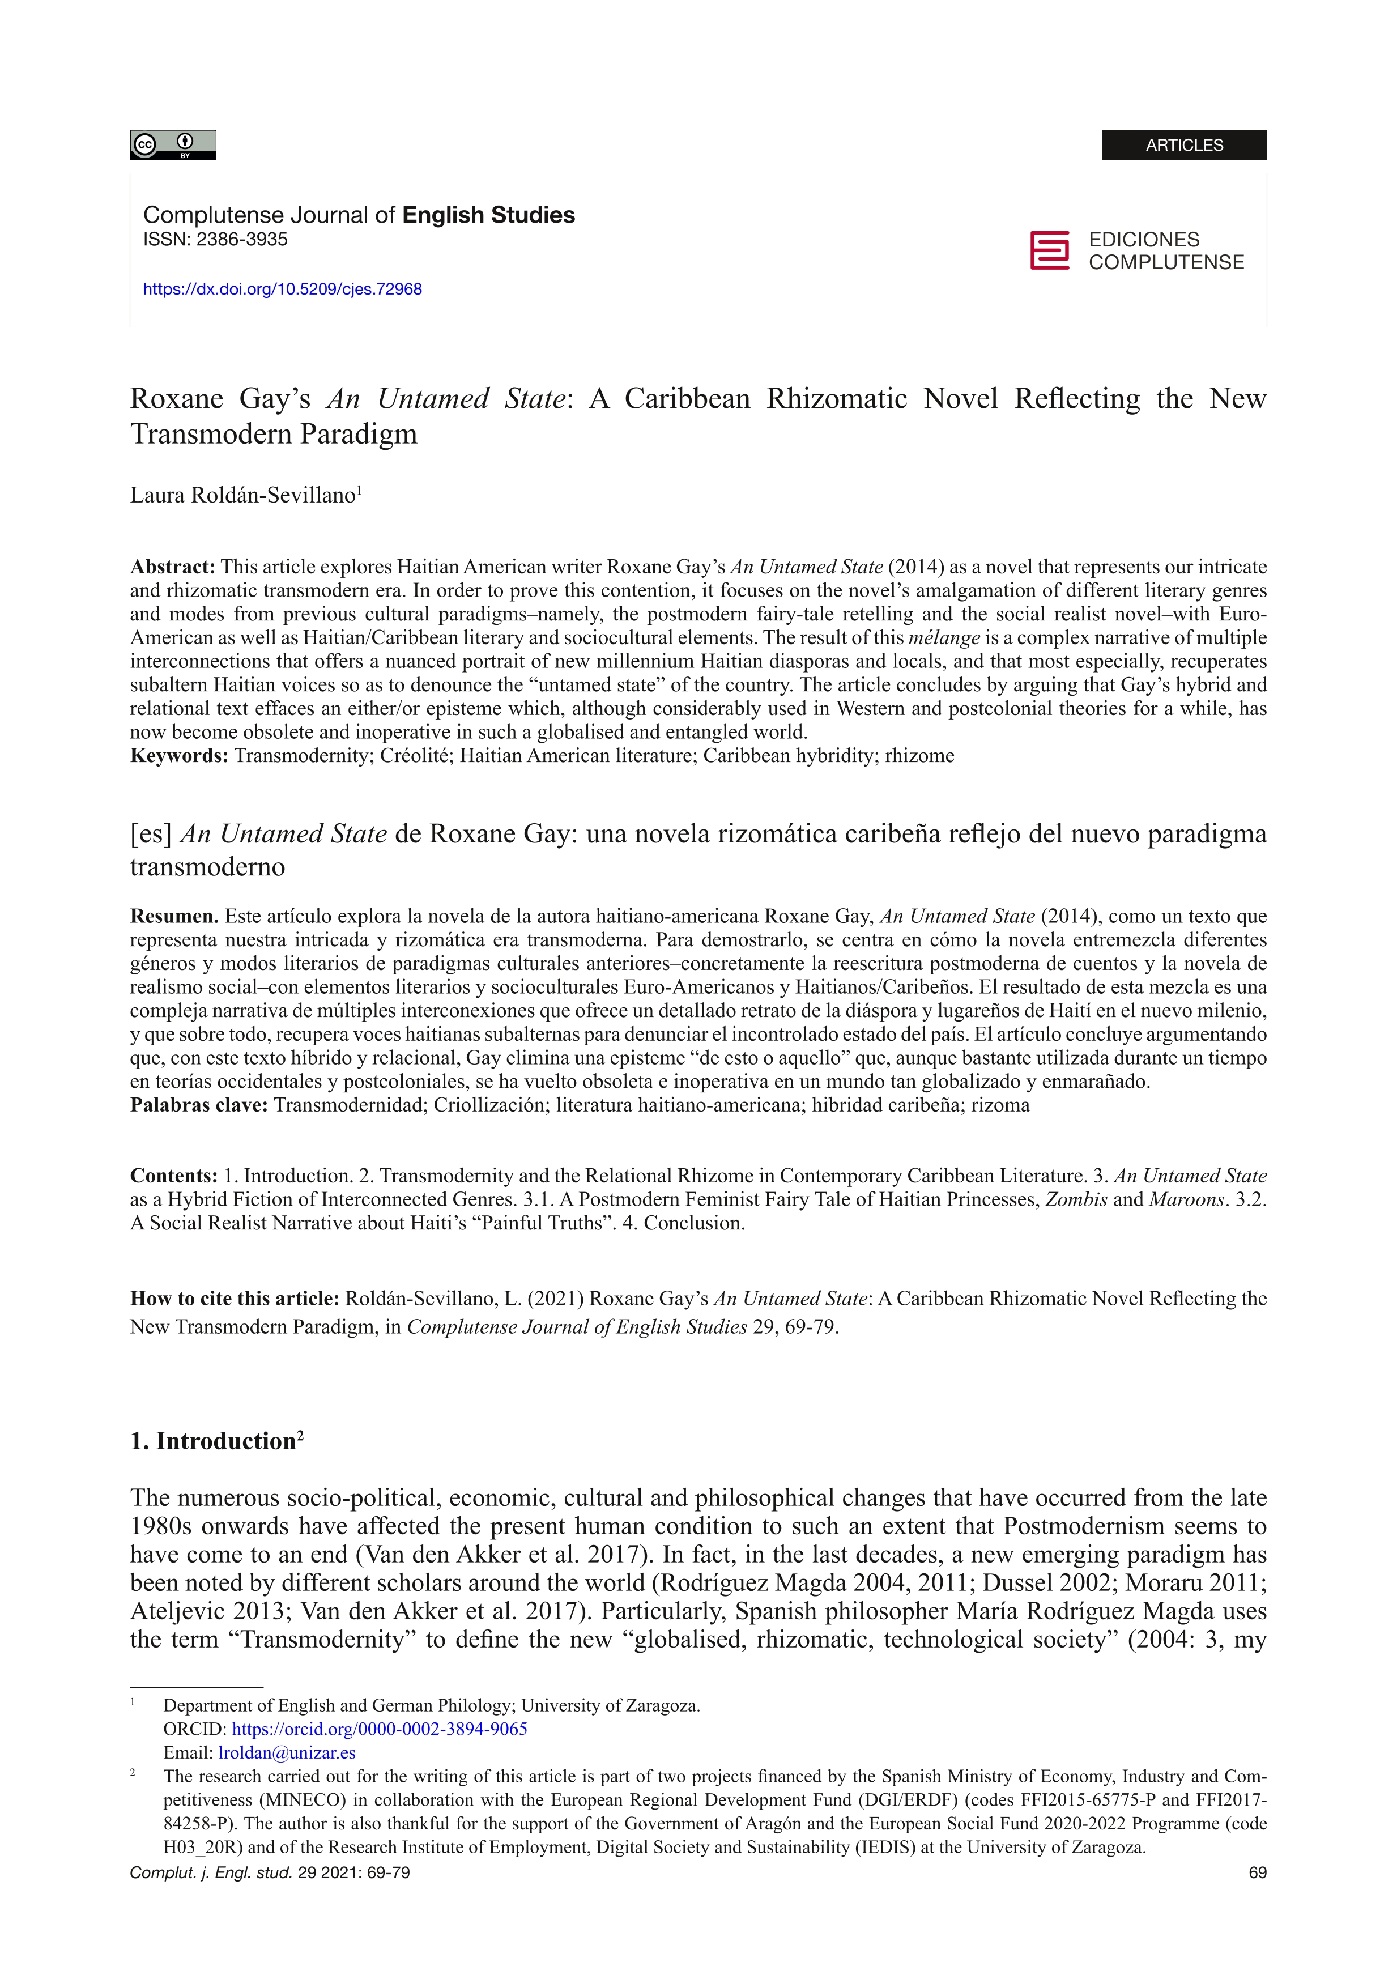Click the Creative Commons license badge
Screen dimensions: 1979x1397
[172, 145]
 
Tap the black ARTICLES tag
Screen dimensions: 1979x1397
[1183, 145]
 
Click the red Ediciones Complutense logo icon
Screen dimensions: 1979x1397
[1050, 251]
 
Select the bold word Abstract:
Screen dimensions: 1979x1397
[172, 567]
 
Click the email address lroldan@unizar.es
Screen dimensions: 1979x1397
[287, 1752]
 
